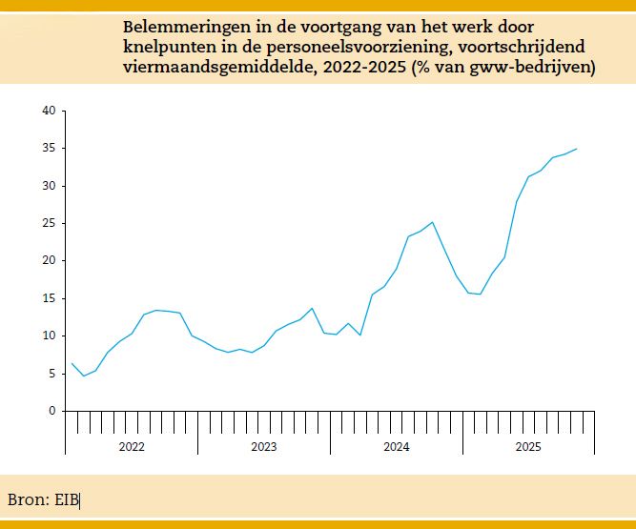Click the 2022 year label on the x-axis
coord(132,446)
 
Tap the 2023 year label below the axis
coord(264,446)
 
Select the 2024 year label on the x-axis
coord(397,446)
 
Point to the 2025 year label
coord(529,446)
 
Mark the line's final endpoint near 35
coord(577,149)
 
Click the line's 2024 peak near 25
coord(433,222)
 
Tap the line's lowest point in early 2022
coord(83,376)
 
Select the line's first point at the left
coord(72,363)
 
